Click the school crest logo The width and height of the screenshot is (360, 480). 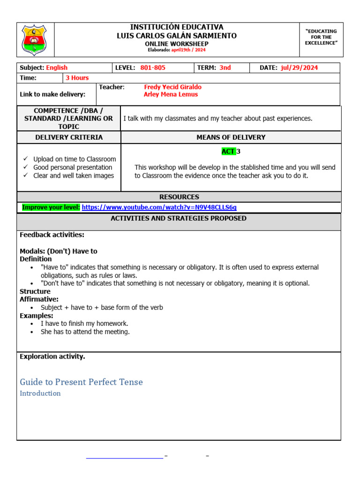(35, 40)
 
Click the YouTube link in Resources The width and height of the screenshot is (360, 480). (159, 207)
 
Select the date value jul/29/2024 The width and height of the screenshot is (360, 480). (299, 67)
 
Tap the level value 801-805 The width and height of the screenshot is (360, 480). (153, 67)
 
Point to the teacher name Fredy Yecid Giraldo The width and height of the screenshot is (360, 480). (172, 87)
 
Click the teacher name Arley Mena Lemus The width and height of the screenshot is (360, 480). (171, 94)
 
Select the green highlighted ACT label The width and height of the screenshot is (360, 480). (228, 151)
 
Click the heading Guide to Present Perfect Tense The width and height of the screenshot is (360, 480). (81, 382)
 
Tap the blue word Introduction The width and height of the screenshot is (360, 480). (40, 393)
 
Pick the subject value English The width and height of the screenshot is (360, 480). (57, 67)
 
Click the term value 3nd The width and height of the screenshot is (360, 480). (225, 67)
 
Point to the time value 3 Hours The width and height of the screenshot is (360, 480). (77, 78)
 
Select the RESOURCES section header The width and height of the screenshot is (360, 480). (179, 197)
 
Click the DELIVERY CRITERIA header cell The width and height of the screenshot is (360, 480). (69, 137)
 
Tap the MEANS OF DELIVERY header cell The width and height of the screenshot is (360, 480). (231, 137)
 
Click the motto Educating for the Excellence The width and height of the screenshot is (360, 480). (321, 37)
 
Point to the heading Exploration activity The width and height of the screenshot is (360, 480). (52, 357)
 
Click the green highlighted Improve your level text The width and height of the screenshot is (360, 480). (51, 207)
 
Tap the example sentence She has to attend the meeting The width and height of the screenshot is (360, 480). (85, 332)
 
